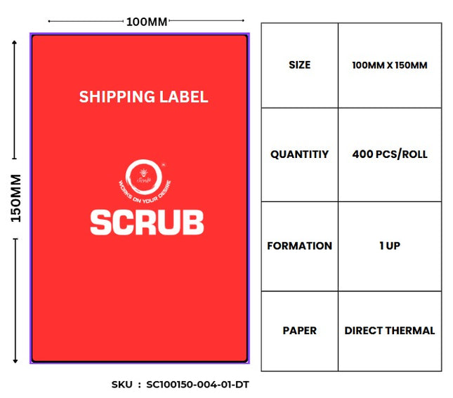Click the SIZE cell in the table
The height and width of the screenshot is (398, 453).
pos(299,65)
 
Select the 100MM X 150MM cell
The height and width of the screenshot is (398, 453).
pos(390,65)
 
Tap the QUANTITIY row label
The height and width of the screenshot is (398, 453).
pos(299,154)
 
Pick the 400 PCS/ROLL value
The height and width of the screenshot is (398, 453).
pos(390,154)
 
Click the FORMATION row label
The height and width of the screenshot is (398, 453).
pos(299,246)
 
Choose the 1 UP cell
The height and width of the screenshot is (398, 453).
pos(390,246)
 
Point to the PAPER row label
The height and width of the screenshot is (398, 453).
pos(299,330)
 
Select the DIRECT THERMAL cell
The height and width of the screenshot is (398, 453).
pos(390,330)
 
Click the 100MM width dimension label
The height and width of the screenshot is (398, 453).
pos(147,22)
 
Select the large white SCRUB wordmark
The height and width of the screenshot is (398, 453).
pos(147,222)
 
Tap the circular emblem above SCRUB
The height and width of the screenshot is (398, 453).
pos(139,175)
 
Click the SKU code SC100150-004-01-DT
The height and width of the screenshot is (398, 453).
pos(197,385)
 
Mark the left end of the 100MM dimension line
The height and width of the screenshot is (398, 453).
pos(49,22)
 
